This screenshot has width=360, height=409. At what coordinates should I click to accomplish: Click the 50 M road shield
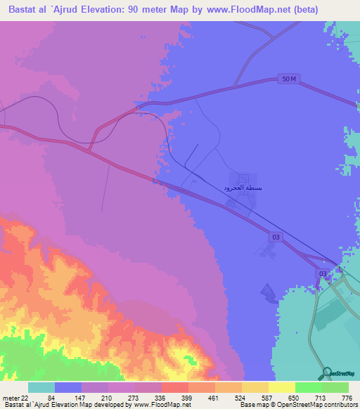pyautogui.click(x=288, y=79)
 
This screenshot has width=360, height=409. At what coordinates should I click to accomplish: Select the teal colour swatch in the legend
pyautogui.click(x=41, y=388)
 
